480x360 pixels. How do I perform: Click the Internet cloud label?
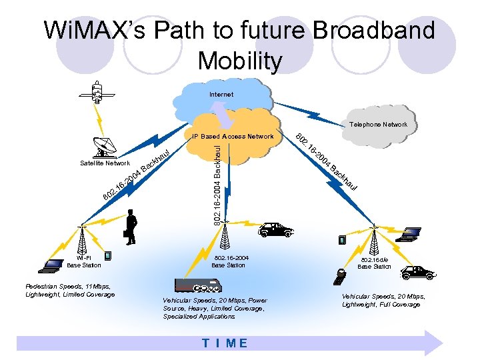pyautogui.click(x=221, y=95)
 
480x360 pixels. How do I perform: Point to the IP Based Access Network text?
pyautogui.click(x=233, y=137)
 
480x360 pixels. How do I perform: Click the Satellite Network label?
pyautogui.click(x=105, y=163)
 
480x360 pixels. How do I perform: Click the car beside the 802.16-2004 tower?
pyautogui.click(x=275, y=230)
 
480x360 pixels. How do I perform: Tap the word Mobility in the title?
pyautogui.click(x=240, y=61)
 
